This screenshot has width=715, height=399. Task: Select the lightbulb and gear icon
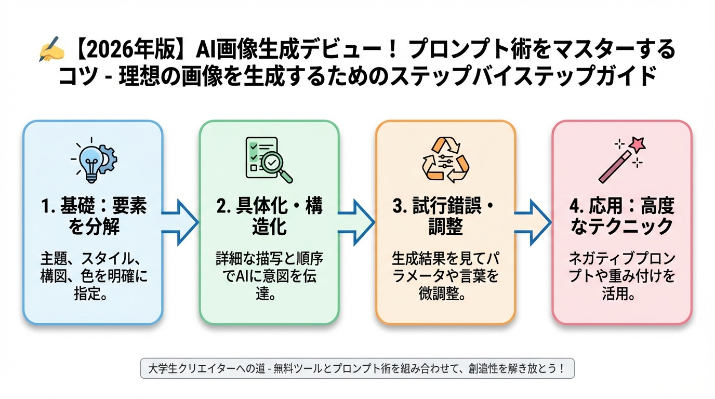(93, 159)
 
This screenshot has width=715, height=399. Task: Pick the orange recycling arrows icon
(445, 159)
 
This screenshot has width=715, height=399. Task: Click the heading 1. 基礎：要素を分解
(93, 217)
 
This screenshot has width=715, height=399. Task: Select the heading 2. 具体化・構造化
(269, 217)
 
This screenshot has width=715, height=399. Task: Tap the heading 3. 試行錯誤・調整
(445, 217)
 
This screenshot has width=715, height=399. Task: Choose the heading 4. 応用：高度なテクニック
(621, 217)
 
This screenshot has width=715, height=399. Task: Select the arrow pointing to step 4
(533, 222)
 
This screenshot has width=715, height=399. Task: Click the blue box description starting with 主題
(93, 275)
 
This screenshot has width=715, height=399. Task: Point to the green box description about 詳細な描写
(269, 275)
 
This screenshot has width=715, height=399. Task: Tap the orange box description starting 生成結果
(445, 275)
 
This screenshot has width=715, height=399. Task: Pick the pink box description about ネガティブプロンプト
(621, 275)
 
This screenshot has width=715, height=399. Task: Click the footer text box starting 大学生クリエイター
(357, 369)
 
